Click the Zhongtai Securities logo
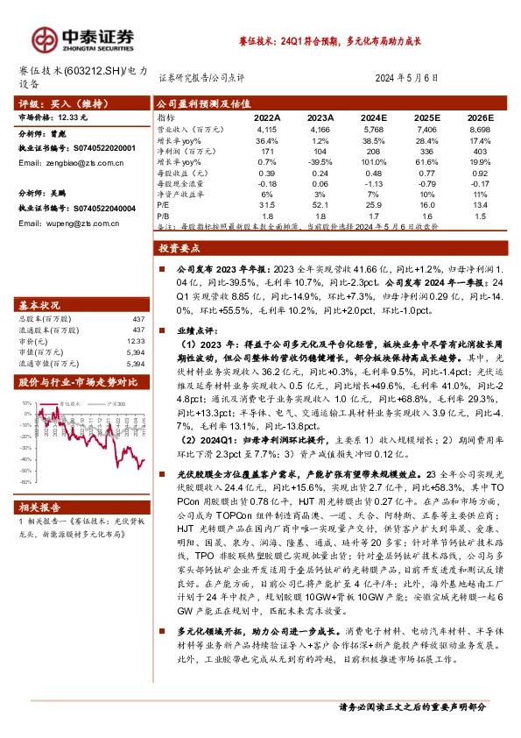click(83, 37)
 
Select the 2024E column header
click(374, 116)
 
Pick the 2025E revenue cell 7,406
click(426, 129)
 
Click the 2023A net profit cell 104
click(321, 151)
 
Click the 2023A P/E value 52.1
click(321, 204)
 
